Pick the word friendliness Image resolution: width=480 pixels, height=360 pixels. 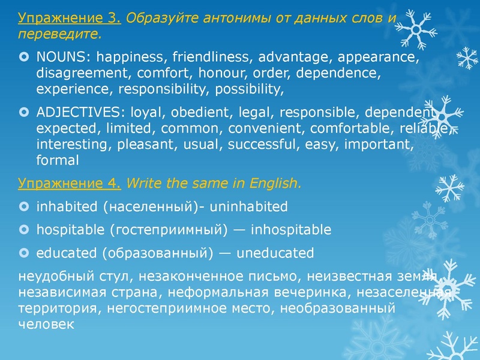pos(208,59)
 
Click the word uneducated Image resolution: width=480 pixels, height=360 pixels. pos(275,252)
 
